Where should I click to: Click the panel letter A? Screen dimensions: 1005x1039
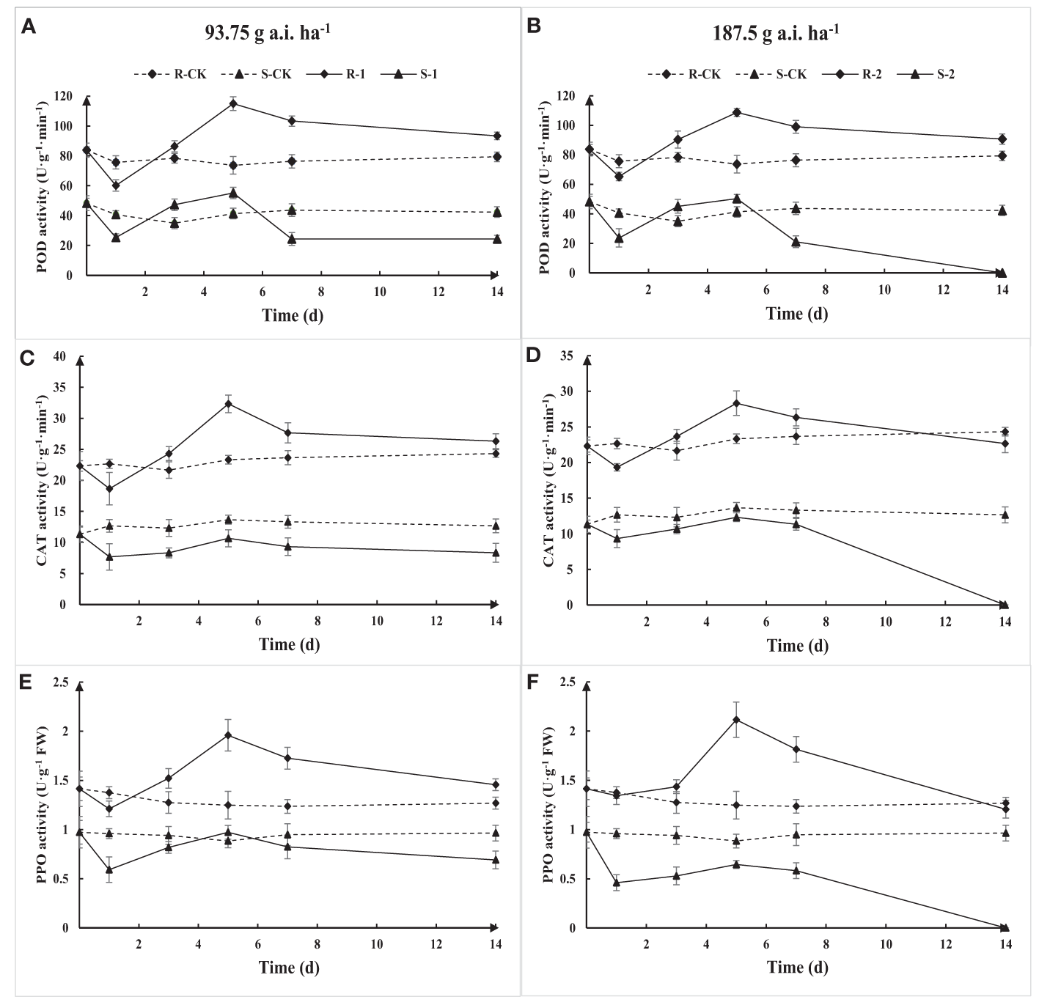pyautogui.click(x=28, y=27)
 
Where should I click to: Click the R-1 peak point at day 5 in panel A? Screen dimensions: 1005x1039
pyautogui.click(x=233, y=103)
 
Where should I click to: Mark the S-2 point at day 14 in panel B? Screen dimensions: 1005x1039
pyautogui.click(x=1002, y=273)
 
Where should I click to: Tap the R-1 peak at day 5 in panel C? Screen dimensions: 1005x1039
pyautogui.click(x=228, y=404)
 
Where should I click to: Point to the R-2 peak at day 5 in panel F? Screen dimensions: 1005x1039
pyautogui.click(x=736, y=720)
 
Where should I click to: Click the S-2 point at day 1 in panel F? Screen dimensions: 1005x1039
pyautogui.click(x=617, y=883)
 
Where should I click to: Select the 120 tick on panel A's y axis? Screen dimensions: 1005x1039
pyautogui.click(x=67, y=96)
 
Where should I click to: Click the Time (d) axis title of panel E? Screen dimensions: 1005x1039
pyautogui.click(x=289, y=967)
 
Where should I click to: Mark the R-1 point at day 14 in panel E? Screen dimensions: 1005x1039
pyautogui.click(x=496, y=784)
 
